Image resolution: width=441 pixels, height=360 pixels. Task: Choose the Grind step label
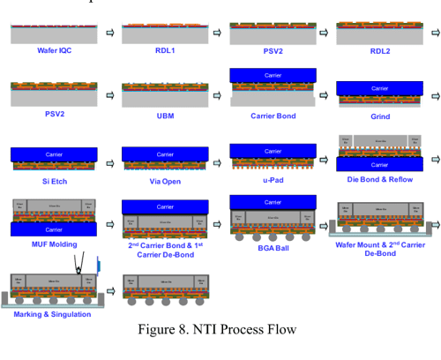coord(380,116)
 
